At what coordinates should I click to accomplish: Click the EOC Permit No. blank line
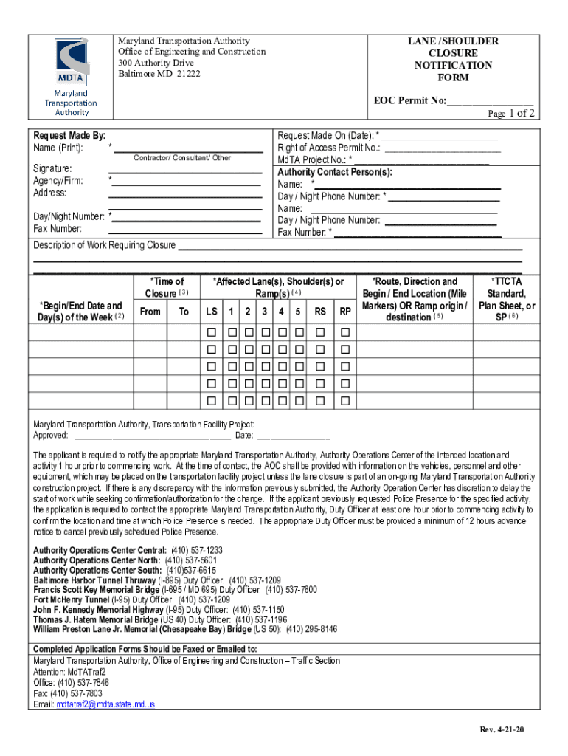pyautogui.click(x=490, y=100)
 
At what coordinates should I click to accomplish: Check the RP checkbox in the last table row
pyautogui.click(x=344, y=402)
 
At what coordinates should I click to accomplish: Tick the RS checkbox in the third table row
pyautogui.click(x=320, y=367)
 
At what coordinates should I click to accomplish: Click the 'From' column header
pyautogui.click(x=150, y=312)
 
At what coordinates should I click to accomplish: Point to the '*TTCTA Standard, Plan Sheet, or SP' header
pyautogui.click(x=507, y=299)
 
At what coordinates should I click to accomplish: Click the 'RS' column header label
pyautogui.click(x=320, y=312)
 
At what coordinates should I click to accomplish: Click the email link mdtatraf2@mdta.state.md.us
pyautogui.click(x=105, y=704)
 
